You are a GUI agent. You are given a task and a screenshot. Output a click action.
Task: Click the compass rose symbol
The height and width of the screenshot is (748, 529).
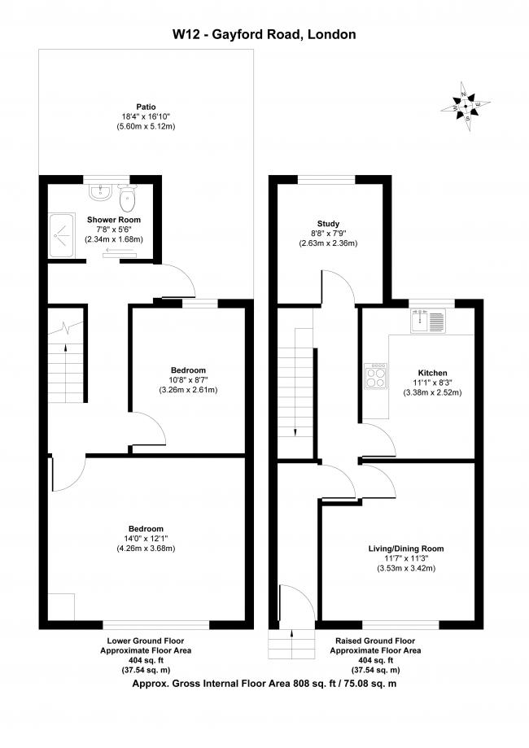[466, 105]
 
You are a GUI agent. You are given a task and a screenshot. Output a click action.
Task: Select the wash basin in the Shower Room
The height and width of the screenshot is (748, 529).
[100, 193]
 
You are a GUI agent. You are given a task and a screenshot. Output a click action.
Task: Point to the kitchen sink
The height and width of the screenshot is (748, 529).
[429, 322]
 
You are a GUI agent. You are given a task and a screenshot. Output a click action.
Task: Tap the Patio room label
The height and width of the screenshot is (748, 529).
[146, 107]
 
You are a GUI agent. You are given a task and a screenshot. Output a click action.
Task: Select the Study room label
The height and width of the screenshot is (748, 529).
[328, 223]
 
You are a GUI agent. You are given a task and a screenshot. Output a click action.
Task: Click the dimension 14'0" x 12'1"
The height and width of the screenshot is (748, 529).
[146, 538]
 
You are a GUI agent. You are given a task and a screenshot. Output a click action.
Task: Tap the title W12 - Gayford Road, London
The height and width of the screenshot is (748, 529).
[264, 34]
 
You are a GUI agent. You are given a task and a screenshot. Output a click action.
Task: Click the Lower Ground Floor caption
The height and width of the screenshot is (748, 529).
[146, 641]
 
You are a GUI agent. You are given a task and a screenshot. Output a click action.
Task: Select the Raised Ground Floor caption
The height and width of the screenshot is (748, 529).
[375, 641]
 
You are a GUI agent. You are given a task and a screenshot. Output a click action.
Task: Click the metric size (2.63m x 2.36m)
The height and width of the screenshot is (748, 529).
[328, 243]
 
